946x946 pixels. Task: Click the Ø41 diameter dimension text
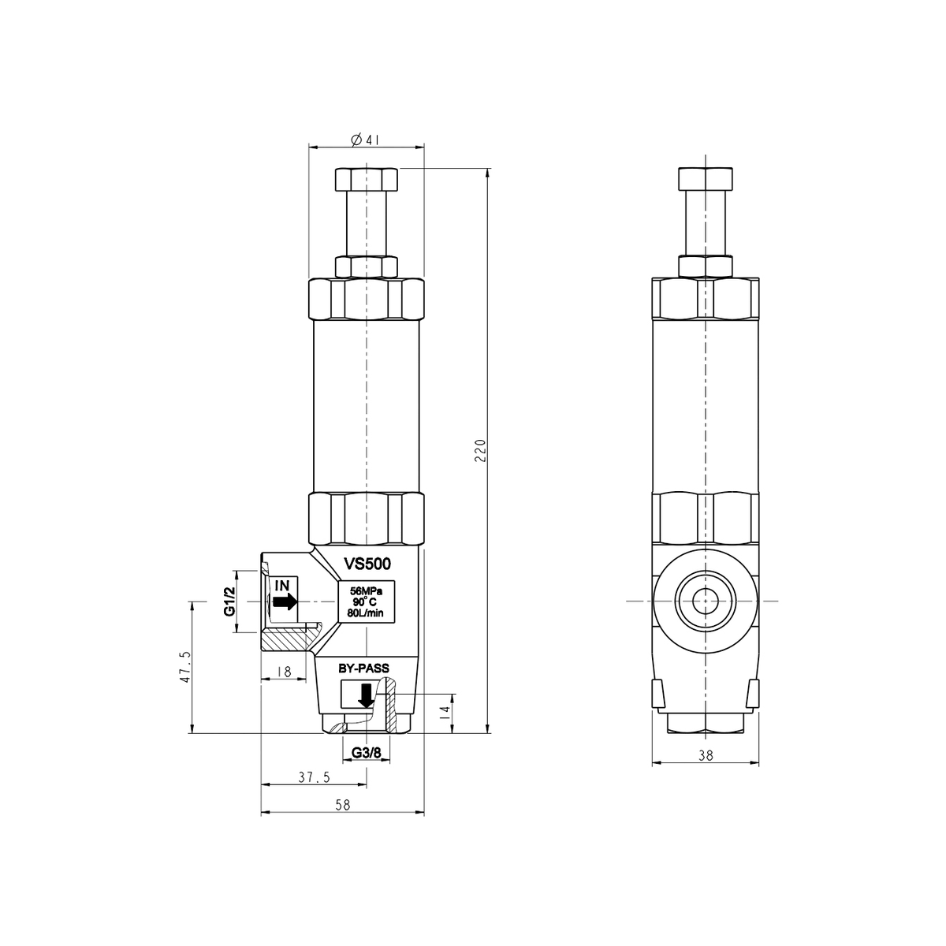365,140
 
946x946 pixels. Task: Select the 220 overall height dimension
480,450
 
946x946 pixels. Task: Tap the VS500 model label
367,564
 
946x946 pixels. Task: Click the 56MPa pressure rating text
366,591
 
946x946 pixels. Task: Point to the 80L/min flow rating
365,613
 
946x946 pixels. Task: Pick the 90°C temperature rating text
365,601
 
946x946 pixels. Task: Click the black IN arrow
285,601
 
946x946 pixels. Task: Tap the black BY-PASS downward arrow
366,695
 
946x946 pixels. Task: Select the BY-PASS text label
363,669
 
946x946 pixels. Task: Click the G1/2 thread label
229,601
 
